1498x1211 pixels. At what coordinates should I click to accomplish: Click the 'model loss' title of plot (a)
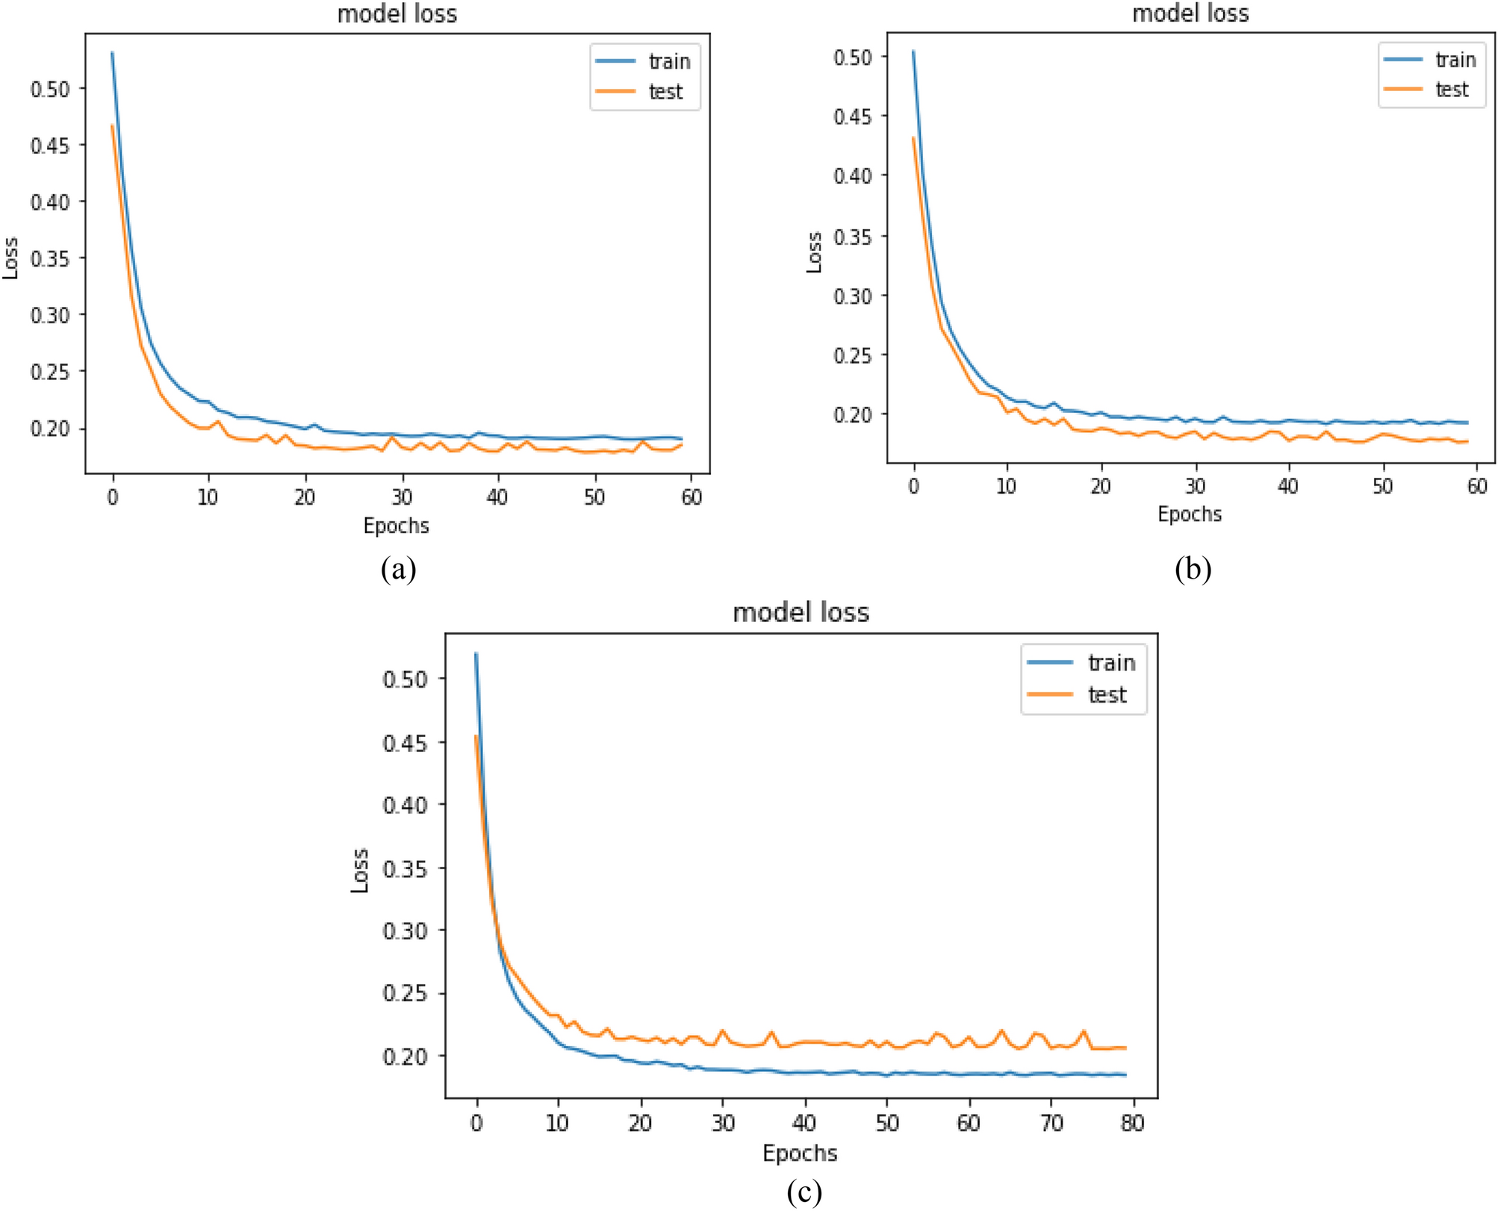pos(397,13)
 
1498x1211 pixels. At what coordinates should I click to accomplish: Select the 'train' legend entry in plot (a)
pos(669,61)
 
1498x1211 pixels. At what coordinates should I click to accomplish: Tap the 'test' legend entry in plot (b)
pos(1451,90)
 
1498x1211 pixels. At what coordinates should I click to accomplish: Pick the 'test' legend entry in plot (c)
pos(1107,695)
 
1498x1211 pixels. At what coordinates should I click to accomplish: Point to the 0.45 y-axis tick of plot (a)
pos(49,146)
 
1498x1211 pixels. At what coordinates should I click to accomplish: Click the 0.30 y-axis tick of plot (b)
pos(853,296)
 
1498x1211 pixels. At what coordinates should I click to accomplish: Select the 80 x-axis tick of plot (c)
pos(1133,1123)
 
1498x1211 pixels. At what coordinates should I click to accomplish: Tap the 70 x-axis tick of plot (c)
pos(1051,1123)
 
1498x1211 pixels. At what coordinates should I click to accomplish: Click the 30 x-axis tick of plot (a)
pos(402,497)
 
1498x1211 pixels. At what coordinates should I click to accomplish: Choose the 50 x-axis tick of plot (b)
pos(1382,487)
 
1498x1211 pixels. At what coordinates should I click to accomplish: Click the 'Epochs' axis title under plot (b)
pos(1190,514)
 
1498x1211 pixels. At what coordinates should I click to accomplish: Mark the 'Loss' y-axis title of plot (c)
pos(360,871)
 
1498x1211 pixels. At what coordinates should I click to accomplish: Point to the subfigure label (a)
pos(398,570)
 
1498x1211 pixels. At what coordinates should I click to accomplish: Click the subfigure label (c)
pos(804,1192)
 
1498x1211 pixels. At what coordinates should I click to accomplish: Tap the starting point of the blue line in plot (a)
pos(113,53)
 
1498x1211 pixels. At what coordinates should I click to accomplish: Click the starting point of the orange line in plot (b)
pos(913,137)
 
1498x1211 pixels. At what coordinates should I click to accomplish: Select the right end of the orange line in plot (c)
pos(1125,1048)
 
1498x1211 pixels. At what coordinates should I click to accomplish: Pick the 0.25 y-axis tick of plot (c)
pos(404,993)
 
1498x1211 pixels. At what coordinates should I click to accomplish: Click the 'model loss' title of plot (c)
pos(801,613)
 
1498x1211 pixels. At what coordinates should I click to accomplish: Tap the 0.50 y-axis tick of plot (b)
pos(853,57)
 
